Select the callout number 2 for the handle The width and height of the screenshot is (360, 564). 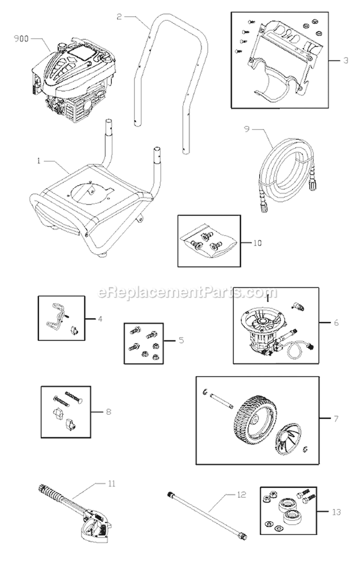(119, 16)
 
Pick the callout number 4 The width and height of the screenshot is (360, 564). (99, 317)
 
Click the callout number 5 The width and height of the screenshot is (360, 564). (181, 341)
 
